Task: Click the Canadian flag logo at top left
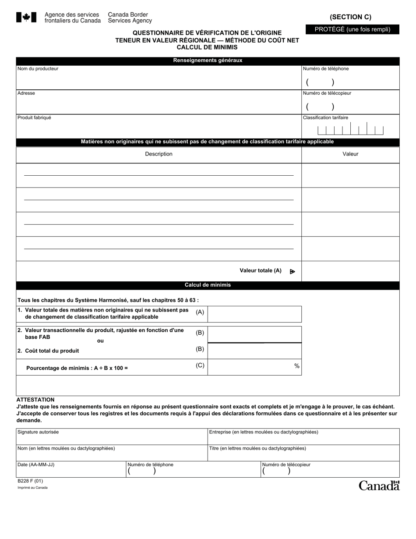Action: click(x=26, y=18)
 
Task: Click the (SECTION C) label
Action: click(x=350, y=17)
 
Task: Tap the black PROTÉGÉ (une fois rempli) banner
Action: click(x=352, y=29)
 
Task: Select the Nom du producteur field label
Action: click(x=38, y=69)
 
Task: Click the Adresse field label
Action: click(x=26, y=93)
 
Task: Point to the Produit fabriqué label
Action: click(x=34, y=118)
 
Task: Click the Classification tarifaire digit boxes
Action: click(x=350, y=130)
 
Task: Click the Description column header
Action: click(x=159, y=154)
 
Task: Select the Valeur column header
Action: click(x=350, y=154)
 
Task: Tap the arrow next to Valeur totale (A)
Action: click(x=293, y=272)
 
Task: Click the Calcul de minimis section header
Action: click(x=208, y=285)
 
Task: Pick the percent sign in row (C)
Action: click(x=297, y=366)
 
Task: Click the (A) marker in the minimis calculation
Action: click(x=200, y=312)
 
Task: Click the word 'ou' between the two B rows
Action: click(x=100, y=341)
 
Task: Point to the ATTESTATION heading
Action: click(x=35, y=400)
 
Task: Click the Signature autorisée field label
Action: click(x=38, y=432)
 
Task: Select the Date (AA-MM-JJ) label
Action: click(x=36, y=465)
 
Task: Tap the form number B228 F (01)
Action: click(x=30, y=481)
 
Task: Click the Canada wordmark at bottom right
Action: click(x=379, y=486)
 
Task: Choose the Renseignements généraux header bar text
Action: click(x=208, y=60)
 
